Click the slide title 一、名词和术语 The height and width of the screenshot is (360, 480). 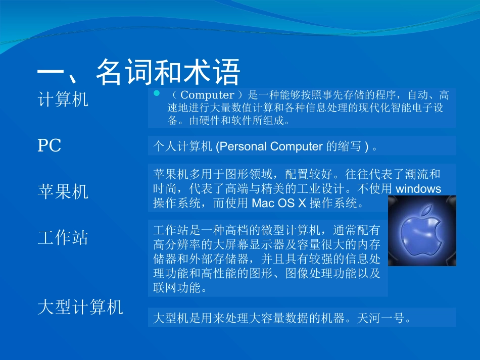[138, 72]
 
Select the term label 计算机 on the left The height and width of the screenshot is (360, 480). [63, 99]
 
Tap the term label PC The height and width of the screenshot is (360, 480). [50, 146]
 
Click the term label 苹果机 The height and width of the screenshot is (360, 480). [63, 191]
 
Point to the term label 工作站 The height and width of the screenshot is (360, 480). [63, 237]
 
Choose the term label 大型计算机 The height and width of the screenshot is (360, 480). [80, 307]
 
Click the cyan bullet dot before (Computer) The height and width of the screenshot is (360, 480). [156, 94]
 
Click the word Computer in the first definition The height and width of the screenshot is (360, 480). [207, 95]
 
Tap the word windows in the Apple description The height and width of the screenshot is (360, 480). [418, 189]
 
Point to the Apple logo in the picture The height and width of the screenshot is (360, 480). [422, 231]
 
